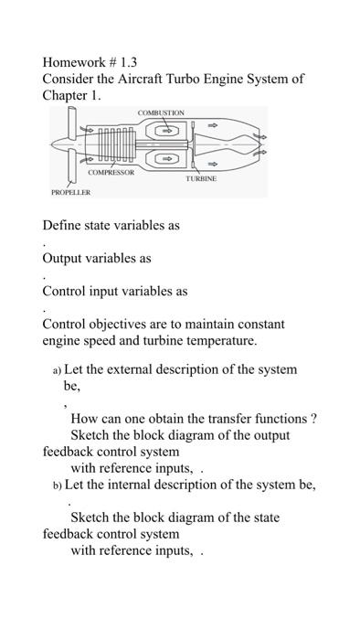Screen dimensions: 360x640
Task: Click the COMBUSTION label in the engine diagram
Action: tap(161, 112)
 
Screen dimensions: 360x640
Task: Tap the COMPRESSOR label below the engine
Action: tap(111, 172)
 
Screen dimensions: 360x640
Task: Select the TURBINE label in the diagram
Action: tap(201, 178)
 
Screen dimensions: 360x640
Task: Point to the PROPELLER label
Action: tap(70, 194)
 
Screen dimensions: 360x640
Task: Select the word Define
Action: tap(63, 225)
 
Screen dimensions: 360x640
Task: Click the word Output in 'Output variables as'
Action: tap(64, 258)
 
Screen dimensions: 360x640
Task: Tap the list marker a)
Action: tap(57, 370)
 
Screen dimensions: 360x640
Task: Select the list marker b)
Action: tap(57, 485)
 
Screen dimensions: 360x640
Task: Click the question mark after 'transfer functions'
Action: tap(313, 419)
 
